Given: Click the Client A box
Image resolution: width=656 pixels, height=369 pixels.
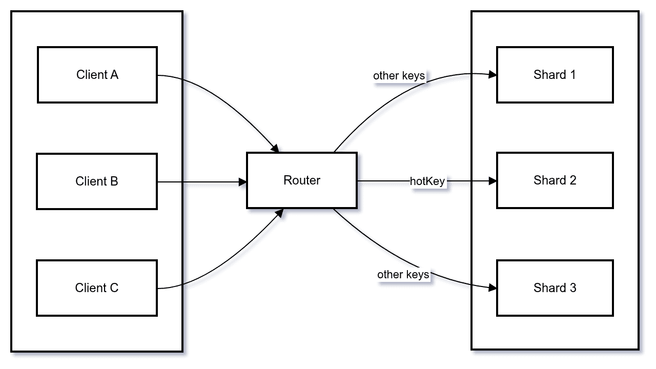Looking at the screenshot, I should (97, 75).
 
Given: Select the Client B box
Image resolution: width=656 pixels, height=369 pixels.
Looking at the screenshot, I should (97, 181).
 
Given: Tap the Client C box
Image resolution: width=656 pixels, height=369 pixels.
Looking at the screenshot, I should (97, 288).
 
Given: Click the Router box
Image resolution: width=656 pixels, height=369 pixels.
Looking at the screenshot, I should (302, 180).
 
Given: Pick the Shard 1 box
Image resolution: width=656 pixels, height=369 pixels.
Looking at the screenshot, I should (555, 75).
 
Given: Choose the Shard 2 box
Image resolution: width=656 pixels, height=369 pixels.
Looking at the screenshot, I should (555, 180).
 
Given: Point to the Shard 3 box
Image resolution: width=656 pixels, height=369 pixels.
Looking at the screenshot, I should (555, 288).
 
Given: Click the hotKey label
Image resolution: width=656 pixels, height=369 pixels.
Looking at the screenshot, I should (427, 181).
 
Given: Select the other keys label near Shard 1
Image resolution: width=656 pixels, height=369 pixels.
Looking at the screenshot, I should (399, 76).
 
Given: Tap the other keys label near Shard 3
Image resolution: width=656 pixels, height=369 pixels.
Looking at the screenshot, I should (403, 275).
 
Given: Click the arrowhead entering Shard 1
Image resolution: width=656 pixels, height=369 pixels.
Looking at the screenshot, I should (493, 75).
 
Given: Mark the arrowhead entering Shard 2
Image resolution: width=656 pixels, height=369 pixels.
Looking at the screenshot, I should (493, 181).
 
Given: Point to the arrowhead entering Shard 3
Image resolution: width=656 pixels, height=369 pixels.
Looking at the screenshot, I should (493, 288).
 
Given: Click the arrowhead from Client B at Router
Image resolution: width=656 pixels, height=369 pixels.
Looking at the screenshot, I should (242, 181).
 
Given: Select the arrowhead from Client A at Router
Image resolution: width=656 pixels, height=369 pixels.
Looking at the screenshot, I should (275, 148).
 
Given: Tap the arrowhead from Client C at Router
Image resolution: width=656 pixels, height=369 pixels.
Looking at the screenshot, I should (279, 212).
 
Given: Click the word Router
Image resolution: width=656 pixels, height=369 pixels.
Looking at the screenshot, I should (302, 180).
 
